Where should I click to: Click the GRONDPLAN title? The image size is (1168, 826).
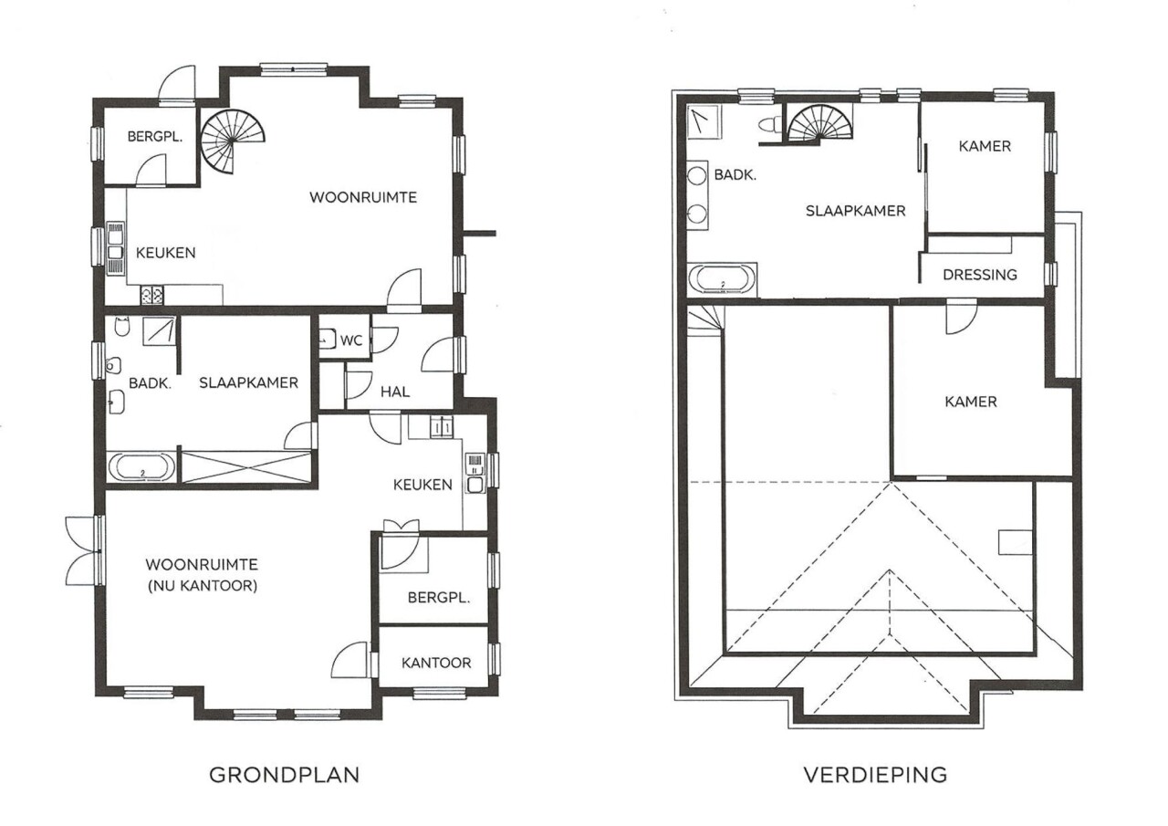coord(284,775)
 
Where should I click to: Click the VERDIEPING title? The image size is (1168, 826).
coord(875,775)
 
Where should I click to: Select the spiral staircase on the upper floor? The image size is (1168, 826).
coord(819,123)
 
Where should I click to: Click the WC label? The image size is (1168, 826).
coord(351,340)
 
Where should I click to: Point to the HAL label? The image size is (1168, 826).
coord(395,392)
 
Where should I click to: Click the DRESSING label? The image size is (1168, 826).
coord(980,275)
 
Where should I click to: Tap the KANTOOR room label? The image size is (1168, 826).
coord(436,663)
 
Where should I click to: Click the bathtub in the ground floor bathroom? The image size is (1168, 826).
coord(141,467)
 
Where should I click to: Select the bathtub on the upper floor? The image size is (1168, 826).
coord(722,279)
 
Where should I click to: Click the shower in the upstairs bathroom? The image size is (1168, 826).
coord(704,122)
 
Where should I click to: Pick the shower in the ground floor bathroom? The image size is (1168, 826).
coord(160,330)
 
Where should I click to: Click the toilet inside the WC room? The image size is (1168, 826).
coord(328,339)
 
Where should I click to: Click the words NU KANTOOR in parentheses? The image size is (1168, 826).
coord(203,586)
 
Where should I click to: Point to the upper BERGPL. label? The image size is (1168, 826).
coord(155,137)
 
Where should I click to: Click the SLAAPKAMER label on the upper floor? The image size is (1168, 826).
coord(855,211)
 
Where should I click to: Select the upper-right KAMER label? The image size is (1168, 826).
coord(985,146)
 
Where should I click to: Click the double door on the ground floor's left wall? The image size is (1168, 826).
coord(83,550)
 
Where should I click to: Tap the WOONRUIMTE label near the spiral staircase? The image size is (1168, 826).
coord(363,198)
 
